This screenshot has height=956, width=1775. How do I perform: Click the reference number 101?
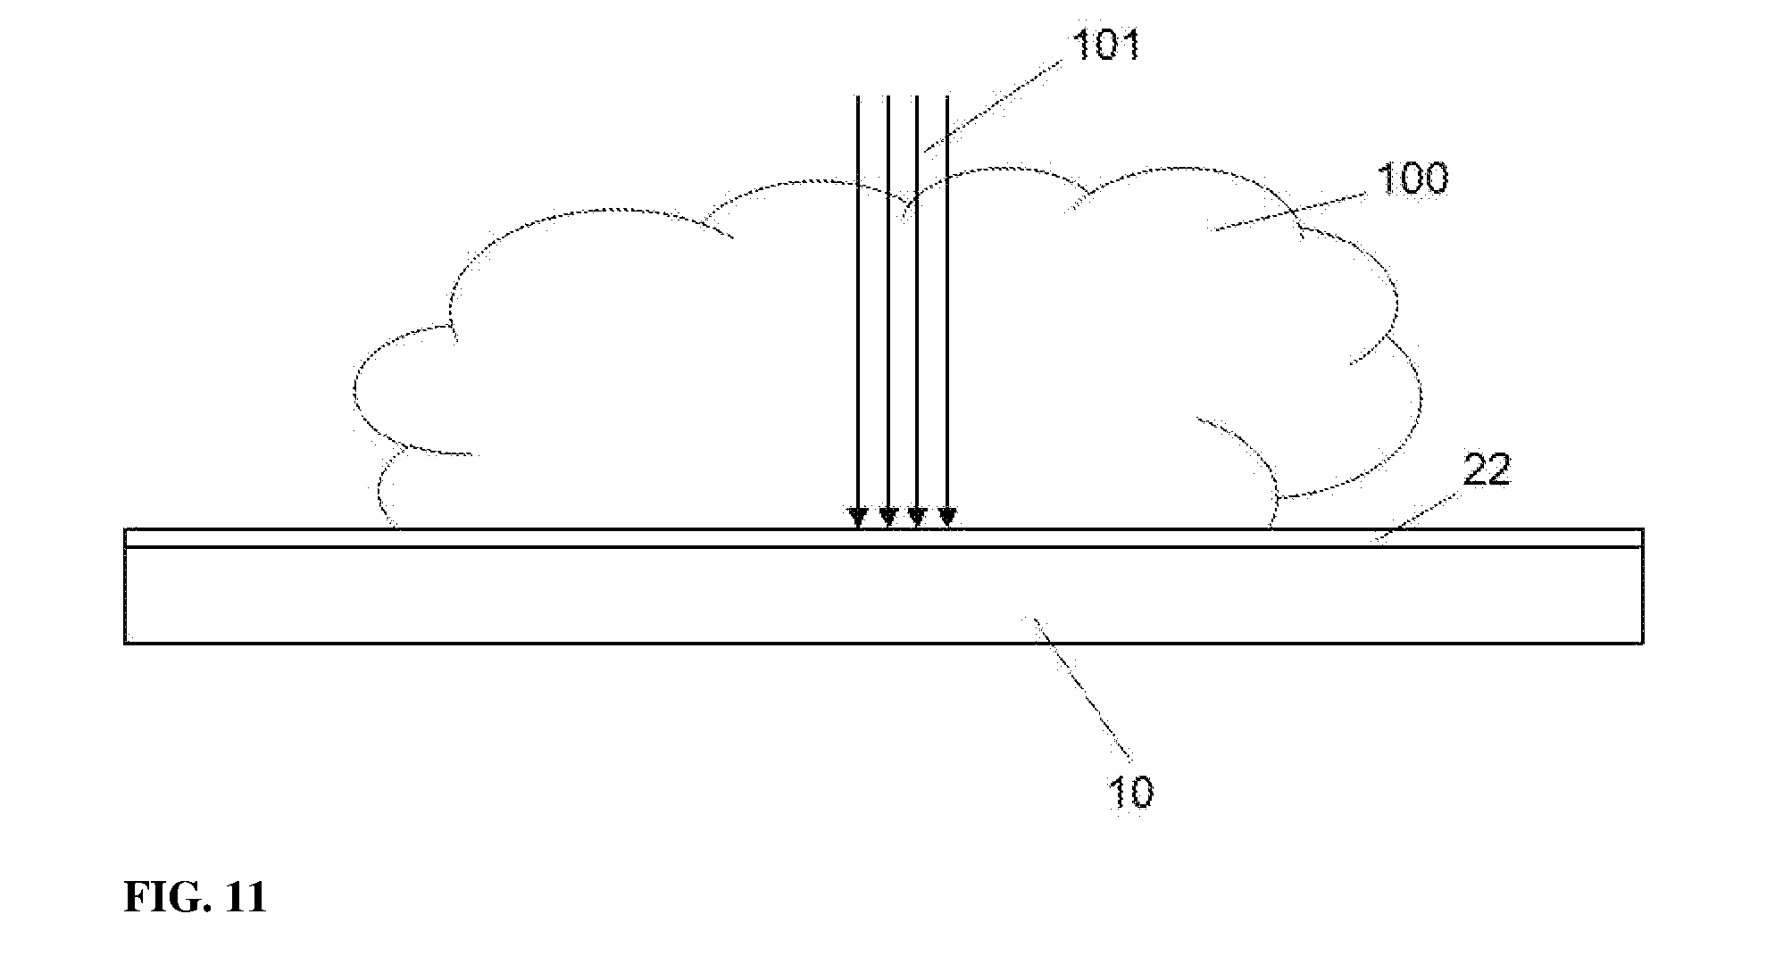(1106, 44)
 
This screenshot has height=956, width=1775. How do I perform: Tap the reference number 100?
(1413, 179)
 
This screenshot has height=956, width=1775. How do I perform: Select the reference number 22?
(1486, 470)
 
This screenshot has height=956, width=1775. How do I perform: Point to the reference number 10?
(1130, 792)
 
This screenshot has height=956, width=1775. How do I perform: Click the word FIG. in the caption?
(160, 897)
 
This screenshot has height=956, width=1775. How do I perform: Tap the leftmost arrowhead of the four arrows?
(858, 518)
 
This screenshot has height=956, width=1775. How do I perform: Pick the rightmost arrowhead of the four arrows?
(947, 518)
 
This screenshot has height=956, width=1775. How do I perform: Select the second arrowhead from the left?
(887, 518)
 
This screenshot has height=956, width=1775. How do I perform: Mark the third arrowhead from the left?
(917, 518)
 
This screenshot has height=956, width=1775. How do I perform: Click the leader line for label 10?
(1081, 692)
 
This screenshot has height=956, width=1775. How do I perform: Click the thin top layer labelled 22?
(884, 537)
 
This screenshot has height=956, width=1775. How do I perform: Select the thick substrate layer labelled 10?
(884, 594)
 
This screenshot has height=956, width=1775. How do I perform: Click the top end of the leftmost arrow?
(858, 96)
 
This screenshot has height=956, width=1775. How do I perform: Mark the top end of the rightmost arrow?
(947, 96)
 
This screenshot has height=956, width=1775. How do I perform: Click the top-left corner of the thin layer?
(125, 529)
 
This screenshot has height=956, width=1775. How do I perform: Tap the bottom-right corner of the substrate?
(1643, 643)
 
